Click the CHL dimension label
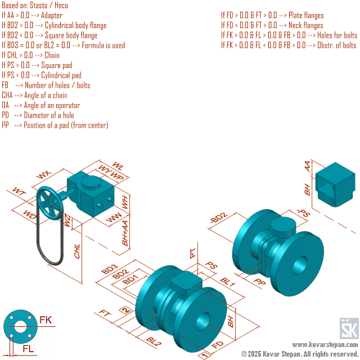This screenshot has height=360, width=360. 77,251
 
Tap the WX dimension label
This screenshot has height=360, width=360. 44,174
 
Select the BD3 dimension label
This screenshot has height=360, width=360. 110,269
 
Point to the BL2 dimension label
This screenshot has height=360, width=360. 154,341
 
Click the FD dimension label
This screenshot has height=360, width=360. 218,344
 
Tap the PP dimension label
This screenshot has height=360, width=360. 259,281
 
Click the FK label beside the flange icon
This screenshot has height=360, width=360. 46,320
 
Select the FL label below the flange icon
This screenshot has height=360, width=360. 28,349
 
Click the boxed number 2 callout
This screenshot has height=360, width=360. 125,310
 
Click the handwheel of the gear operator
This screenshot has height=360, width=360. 50,203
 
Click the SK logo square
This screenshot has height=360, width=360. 349,328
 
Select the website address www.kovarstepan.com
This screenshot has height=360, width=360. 325,344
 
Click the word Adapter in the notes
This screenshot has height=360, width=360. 52,15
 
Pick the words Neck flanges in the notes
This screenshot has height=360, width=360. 306,25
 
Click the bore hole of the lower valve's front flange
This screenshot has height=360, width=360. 203,321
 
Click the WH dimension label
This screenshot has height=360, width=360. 125,202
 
